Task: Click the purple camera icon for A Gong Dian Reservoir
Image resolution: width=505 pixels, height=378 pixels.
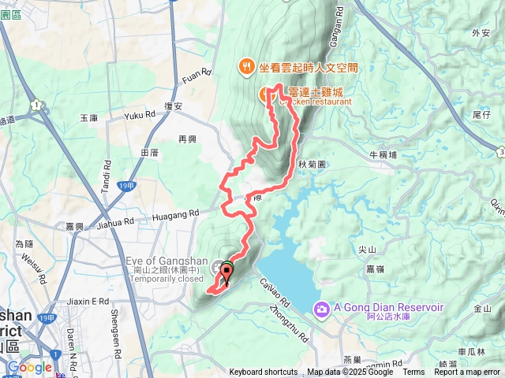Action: (322, 307)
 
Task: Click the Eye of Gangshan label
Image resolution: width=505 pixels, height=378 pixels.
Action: (166, 261)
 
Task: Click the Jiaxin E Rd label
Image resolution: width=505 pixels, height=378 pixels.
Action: (88, 301)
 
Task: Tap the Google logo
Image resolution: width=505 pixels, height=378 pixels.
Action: (29, 367)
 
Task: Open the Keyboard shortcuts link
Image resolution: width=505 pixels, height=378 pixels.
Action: (264, 372)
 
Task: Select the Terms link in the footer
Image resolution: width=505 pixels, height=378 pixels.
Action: (413, 372)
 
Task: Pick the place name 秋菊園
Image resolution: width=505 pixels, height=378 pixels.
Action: (312, 164)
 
